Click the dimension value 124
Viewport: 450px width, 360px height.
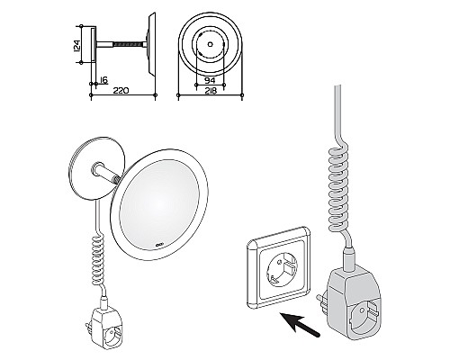[77, 45]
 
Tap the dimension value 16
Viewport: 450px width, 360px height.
[103, 80]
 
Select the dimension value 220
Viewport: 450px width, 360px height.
[121, 90]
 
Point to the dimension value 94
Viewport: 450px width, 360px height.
[210, 81]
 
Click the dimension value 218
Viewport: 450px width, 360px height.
[211, 91]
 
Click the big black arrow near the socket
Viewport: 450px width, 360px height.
[299, 326]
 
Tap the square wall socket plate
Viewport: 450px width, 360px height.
[277, 268]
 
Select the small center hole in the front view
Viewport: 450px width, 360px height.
[210, 44]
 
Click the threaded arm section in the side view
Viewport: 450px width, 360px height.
[128, 44]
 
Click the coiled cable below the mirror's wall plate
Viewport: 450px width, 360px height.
[99, 259]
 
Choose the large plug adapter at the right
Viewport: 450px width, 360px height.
[352, 303]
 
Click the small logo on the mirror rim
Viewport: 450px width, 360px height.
[158, 245]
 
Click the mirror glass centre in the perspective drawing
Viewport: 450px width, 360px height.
[159, 205]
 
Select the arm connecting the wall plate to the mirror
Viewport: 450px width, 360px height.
[106, 174]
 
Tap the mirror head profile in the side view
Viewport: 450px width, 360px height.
[151, 44]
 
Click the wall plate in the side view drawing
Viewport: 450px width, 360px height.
[94, 45]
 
